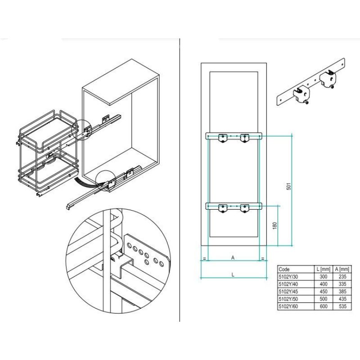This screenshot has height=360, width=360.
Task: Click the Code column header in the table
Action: [284, 269]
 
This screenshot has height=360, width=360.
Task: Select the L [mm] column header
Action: [323, 269]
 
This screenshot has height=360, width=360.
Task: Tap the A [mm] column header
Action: [342, 269]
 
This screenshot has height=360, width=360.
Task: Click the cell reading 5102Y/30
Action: [288, 277]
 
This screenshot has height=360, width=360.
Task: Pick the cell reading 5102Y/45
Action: [288, 292]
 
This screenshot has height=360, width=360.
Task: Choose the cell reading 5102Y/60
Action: [288, 306]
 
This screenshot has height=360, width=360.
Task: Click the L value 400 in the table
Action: [324, 284]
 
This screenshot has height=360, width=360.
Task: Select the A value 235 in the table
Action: [342, 277]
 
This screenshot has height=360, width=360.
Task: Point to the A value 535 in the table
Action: [342, 306]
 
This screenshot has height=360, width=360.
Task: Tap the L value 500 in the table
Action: [324, 299]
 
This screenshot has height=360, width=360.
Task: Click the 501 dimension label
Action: [289, 186]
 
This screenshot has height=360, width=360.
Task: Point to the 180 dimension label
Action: [274, 226]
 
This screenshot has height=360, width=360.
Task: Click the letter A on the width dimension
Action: [233, 258]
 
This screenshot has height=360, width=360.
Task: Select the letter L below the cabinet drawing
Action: [233, 275]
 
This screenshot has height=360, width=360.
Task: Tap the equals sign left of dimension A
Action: [204, 259]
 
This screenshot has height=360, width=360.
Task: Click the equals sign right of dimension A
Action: [263, 259]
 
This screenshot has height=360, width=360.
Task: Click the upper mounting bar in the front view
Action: [234, 136]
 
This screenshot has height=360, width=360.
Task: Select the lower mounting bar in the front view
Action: [234, 206]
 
